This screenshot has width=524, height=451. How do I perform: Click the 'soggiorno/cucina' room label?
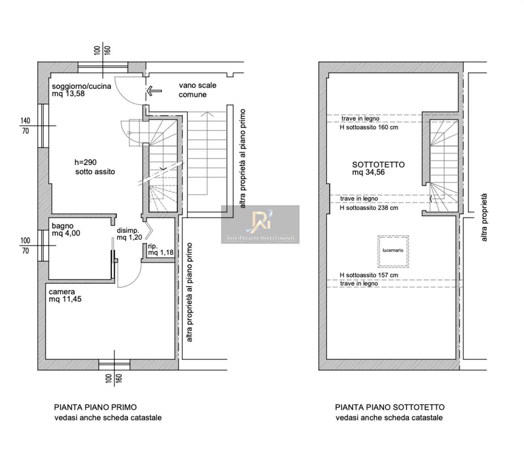(82, 86)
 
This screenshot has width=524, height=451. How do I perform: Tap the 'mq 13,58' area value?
(68, 94)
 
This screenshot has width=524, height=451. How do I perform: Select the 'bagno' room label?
(63, 226)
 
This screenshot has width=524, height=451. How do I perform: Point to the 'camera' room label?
(62, 292)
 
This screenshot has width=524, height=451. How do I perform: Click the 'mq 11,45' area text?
(65, 299)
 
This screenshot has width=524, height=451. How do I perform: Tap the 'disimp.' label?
(128, 231)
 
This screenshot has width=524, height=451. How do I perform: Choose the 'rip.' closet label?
(153, 246)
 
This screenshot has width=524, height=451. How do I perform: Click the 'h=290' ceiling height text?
(85, 162)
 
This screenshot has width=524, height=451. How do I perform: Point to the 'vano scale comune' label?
(197, 90)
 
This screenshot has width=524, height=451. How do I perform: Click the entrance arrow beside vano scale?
(154, 91)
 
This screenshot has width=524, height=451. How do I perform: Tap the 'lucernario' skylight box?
(393, 251)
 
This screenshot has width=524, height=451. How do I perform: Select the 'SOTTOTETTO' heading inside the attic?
(379, 165)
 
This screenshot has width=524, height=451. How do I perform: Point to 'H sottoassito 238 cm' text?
(369, 208)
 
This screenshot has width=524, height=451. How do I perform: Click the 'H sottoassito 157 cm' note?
(369, 275)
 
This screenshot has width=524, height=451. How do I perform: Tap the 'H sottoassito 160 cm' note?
(369, 127)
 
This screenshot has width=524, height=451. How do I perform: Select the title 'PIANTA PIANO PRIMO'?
(95, 407)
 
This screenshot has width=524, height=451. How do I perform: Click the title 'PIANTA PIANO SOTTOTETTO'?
(390, 407)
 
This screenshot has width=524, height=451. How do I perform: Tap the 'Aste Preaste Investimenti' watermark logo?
(260, 225)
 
